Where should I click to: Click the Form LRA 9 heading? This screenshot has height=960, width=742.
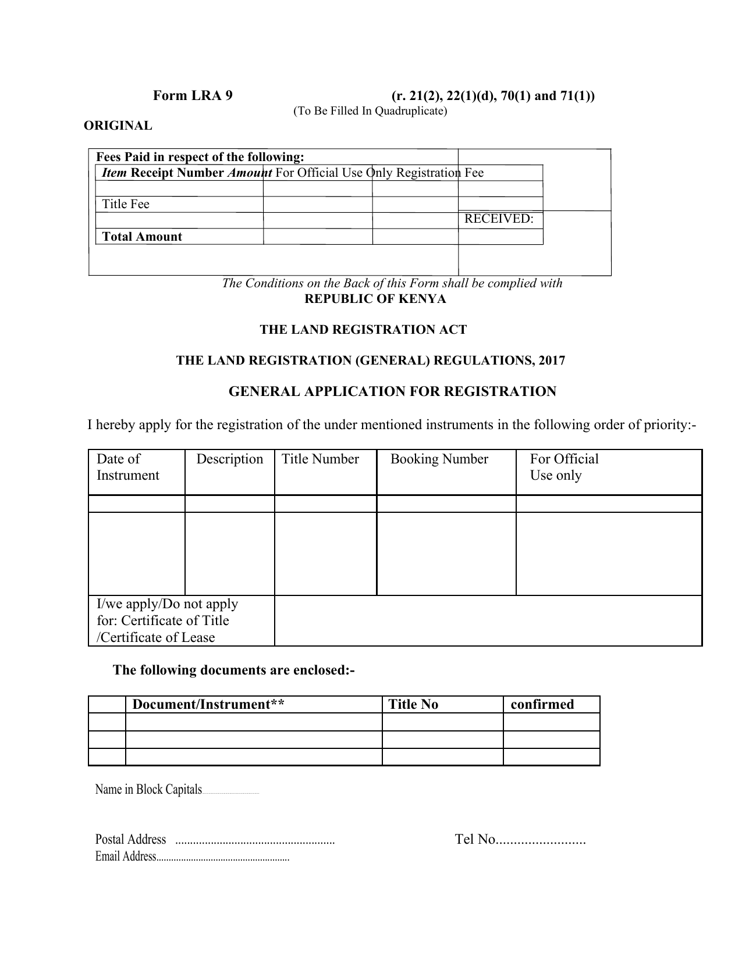click(x=193, y=96)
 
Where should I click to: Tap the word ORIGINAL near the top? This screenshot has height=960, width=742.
click(x=118, y=126)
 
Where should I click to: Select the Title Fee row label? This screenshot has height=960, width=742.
click(x=126, y=204)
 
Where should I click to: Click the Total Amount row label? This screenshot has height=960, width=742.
click(x=142, y=237)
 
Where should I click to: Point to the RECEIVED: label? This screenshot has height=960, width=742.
click(x=499, y=219)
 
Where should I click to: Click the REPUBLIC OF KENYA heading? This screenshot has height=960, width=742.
click(x=375, y=299)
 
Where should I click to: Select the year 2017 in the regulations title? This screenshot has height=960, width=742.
click(x=552, y=361)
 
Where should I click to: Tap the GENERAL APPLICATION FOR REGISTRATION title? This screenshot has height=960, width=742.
click(x=392, y=391)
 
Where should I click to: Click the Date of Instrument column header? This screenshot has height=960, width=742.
click(x=127, y=467)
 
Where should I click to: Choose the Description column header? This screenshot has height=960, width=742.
click(x=229, y=459)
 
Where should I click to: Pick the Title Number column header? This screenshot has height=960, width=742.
click(x=320, y=459)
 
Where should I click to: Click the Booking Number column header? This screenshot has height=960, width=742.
click(x=439, y=459)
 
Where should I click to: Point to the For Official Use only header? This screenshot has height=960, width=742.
click(x=563, y=467)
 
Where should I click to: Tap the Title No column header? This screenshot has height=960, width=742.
click(x=413, y=705)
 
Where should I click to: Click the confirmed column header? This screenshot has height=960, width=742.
click(x=542, y=705)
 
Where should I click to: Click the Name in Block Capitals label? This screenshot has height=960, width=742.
click(x=148, y=790)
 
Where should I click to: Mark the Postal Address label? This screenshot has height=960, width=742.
click(x=130, y=840)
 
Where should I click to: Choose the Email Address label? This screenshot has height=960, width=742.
click(x=126, y=856)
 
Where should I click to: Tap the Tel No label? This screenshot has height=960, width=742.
click(x=475, y=840)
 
